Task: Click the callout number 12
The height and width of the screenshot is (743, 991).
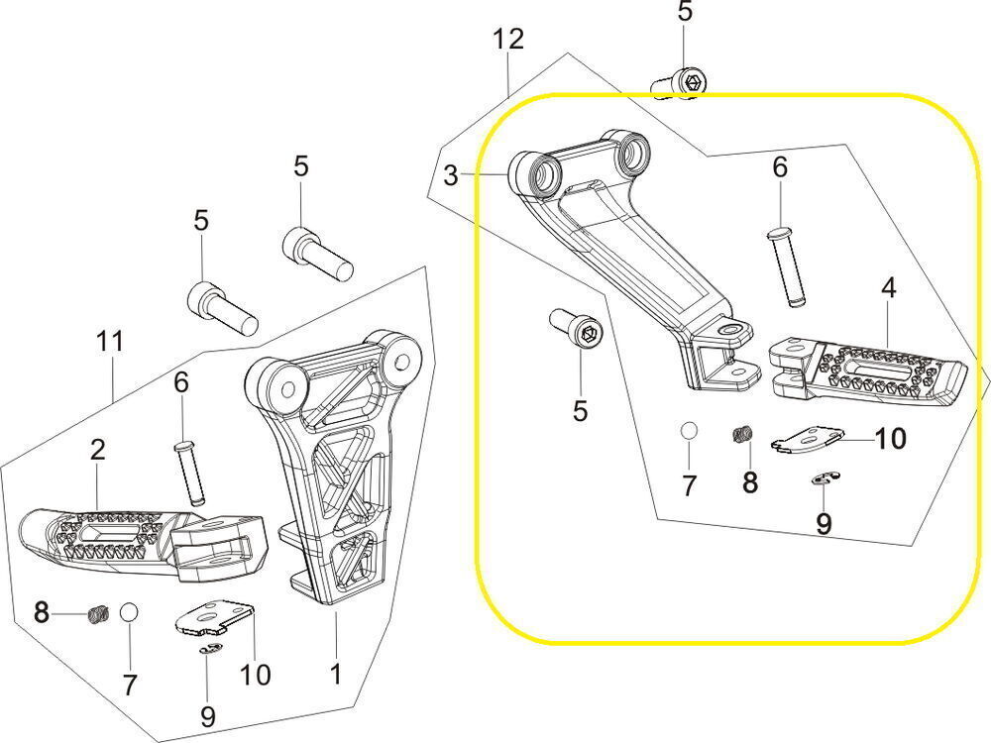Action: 508,41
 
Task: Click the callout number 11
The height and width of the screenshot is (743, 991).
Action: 110,342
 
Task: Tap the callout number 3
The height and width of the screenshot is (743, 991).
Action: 451,176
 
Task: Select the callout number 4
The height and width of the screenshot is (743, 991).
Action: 889,288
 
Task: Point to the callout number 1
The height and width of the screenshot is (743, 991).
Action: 335,675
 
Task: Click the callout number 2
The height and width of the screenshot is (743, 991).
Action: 97,450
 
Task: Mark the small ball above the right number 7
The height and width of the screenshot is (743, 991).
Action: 689,431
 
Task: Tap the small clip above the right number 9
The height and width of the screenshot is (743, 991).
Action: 823,479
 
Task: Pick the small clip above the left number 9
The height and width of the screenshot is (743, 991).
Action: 209,650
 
